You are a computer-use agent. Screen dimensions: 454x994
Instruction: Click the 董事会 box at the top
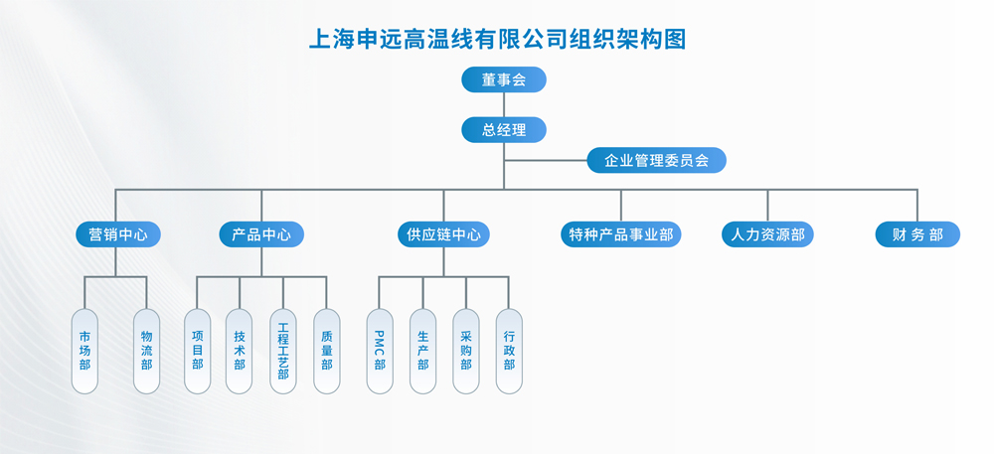point(504,79)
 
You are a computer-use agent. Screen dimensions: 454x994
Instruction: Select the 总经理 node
point(504,130)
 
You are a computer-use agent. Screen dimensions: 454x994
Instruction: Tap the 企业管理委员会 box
point(656,160)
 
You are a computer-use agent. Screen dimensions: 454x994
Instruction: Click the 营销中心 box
point(118,234)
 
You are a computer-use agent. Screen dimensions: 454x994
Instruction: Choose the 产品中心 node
point(261,234)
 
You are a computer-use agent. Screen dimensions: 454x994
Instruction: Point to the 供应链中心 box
point(444,234)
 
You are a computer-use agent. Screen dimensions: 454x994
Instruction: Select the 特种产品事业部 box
point(621,234)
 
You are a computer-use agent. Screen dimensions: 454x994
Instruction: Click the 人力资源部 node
point(767,234)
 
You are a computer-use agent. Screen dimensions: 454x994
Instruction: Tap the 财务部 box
point(917,234)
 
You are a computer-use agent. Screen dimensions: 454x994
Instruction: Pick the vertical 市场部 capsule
point(84,351)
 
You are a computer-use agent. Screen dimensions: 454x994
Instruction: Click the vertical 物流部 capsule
point(147,351)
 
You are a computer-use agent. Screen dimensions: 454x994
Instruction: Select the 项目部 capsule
point(197,351)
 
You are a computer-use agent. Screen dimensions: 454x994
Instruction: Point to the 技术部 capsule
point(240,351)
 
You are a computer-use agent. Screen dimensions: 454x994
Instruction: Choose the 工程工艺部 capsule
point(283,351)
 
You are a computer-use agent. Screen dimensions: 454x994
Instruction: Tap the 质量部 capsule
point(327,351)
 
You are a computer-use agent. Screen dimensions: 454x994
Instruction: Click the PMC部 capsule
point(380,351)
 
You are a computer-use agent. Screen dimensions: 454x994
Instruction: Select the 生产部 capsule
point(423,351)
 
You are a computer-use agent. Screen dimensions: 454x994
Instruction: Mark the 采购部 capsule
point(466,351)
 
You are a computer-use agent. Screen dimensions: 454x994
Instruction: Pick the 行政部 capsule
point(509,351)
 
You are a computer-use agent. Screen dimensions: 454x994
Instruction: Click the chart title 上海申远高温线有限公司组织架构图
point(498,40)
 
